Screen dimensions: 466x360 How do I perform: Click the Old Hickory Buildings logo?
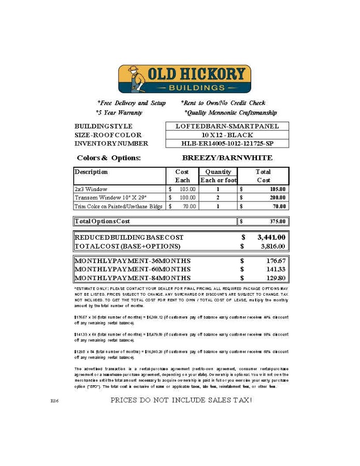[x=184, y=79]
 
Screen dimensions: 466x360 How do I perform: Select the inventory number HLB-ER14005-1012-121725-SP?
[x=227, y=143]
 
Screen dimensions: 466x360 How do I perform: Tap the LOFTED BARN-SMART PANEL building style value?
[x=227, y=126]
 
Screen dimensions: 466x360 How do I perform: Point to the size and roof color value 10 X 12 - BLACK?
[x=227, y=135]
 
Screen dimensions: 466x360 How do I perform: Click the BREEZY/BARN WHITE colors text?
[x=227, y=157]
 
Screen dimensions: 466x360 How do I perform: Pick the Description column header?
[x=91, y=172]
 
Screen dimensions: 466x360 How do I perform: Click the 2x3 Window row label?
[x=91, y=189]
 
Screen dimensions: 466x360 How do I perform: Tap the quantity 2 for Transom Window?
[x=218, y=198]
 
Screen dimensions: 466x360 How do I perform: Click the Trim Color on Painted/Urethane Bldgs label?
[x=119, y=207]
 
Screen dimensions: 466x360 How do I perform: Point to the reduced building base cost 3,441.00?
[x=271, y=237]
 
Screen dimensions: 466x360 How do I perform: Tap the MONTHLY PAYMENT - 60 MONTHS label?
[x=133, y=269]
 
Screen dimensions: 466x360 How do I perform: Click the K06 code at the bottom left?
[x=54, y=401]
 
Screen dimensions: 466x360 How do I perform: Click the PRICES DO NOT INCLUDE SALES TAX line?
[x=181, y=400]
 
